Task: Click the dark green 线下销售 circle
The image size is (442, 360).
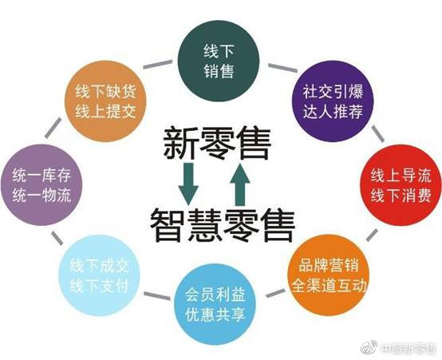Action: click(x=219, y=61)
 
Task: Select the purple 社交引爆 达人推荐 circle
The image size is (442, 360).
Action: click(x=333, y=101)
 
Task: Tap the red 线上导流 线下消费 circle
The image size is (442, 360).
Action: click(x=401, y=185)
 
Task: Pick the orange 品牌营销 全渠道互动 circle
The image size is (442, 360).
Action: click(x=329, y=275)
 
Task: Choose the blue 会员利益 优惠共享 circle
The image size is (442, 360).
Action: click(x=215, y=304)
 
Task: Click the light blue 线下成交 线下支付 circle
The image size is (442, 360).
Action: click(x=99, y=275)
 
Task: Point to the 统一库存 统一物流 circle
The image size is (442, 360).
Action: click(x=41, y=185)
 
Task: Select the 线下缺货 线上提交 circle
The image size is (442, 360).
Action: click(x=105, y=101)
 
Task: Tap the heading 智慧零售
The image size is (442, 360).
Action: click(x=223, y=225)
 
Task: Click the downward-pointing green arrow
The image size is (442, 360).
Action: click(x=188, y=184)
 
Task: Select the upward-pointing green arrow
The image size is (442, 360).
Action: click(x=240, y=184)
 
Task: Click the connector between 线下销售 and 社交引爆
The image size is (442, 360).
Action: click(x=282, y=68)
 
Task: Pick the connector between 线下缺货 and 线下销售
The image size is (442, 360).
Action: click(x=158, y=64)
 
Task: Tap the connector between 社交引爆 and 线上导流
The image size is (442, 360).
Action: click(x=377, y=134)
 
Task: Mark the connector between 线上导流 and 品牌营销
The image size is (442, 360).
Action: click(x=372, y=235)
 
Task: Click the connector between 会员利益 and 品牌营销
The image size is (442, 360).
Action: click(x=275, y=293)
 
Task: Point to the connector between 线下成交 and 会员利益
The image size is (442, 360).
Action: click(x=157, y=296)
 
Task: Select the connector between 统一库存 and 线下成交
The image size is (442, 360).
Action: click(x=57, y=238)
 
